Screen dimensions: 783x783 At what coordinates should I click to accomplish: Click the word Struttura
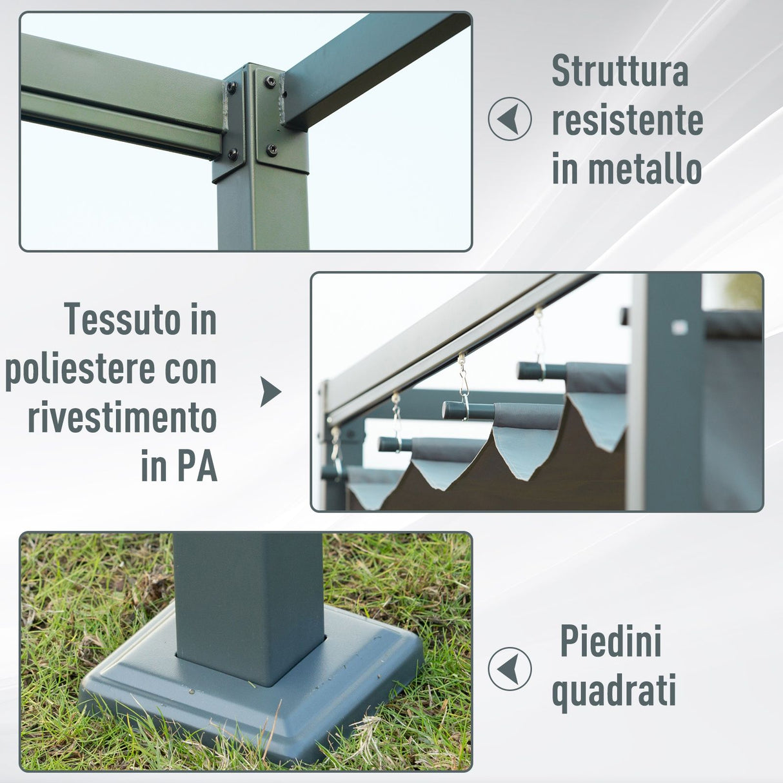click(620, 72)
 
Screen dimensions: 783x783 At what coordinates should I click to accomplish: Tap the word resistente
click(627, 121)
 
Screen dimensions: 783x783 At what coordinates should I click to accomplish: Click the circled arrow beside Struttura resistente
click(510, 119)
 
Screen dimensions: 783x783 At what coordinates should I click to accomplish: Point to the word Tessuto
click(123, 319)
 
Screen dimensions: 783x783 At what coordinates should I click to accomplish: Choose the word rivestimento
click(122, 419)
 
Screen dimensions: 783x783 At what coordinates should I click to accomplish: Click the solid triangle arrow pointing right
click(270, 392)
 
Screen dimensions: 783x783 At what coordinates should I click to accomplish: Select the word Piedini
click(611, 641)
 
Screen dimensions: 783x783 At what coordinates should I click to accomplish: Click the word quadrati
click(613, 691)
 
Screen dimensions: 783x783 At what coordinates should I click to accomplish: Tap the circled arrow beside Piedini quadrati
click(510, 669)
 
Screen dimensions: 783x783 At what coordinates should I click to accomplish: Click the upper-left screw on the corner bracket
click(231, 87)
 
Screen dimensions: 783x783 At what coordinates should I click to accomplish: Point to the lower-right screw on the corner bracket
click(272, 150)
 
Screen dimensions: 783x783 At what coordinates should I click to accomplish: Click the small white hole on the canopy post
click(679, 327)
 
